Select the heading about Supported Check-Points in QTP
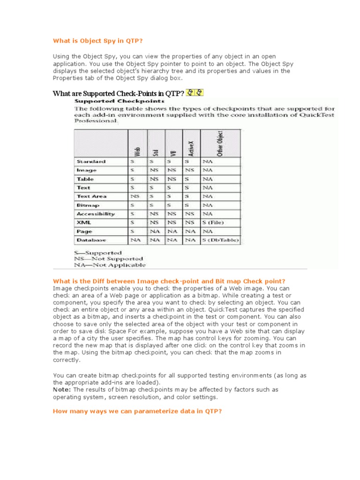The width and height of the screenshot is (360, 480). pos(118,93)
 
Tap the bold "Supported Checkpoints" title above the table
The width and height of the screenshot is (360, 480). pos(120,100)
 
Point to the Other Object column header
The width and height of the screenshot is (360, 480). pos(220,143)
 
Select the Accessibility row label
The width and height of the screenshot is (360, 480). pos(96,214)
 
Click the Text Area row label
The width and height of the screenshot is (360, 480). pos(91,196)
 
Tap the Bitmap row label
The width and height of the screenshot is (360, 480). pos(88,205)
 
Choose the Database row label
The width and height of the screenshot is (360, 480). pos(91,240)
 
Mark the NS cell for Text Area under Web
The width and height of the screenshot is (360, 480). pos(135,196)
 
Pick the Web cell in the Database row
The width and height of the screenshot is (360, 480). pos(135,240)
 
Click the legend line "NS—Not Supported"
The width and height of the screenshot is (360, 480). pos(108,259)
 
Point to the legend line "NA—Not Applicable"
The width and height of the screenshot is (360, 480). pos(110,265)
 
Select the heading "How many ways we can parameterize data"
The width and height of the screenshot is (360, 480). pos(137,411)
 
